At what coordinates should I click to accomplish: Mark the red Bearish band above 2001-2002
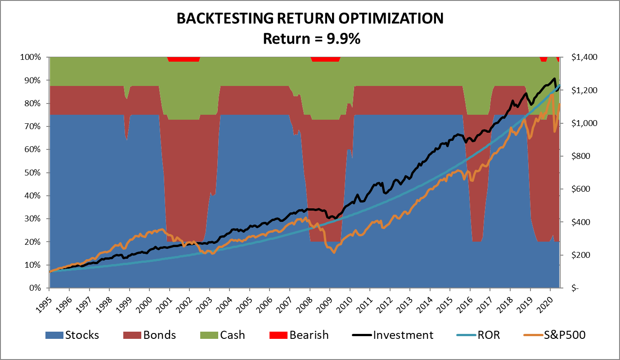pos(183,59)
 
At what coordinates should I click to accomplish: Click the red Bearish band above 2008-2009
pos(326,59)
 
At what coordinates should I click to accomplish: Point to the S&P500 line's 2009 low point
pos(334,252)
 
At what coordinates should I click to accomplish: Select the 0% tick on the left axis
pos(37,288)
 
